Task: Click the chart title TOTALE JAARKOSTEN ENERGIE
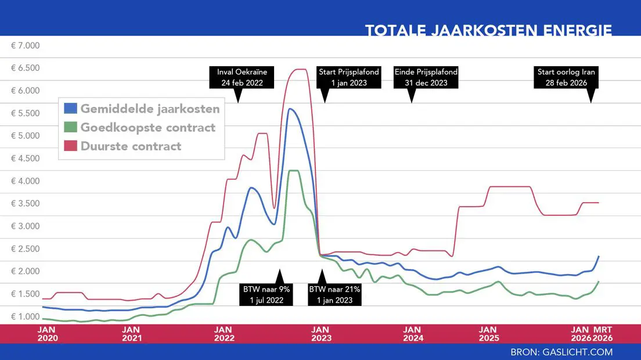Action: (x=488, y=30)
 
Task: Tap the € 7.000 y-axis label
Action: (x=25, y=45)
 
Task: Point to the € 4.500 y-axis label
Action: (x=25, y=159)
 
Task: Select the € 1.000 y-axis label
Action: (x=25, y=316)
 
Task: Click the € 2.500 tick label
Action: (x=25, y=249)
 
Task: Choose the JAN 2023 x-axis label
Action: (x=320, y=333)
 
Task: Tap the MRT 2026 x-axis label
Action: (x=602, y=333)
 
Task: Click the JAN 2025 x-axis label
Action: (x=488, y=333)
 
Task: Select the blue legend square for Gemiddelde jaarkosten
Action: (x=70, y=109)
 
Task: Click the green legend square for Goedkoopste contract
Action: (x=70, y=127)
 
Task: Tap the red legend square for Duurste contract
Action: (x=70, y=146)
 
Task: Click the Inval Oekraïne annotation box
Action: (x=242, y=77)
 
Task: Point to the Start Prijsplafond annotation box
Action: (x=349, y=77)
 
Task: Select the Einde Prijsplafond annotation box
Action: (x=426, y=77)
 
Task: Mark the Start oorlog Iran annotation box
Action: (x=566, y=77)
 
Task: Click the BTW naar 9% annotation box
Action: (x=265, y=294)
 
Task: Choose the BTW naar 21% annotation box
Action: (x=334, y=294)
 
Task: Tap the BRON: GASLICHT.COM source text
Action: (x=561, y=352)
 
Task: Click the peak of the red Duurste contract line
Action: (x=298, y=70)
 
